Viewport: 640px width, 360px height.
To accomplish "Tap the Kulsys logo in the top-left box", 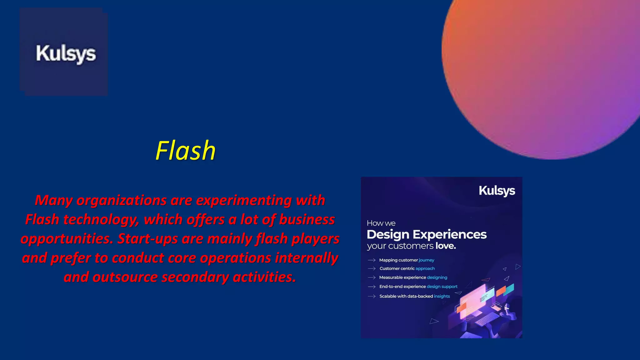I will pos(66,54).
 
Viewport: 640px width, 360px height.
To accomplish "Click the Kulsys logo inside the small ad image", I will pos(497,191).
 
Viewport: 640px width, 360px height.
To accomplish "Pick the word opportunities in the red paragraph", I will pos(67,239).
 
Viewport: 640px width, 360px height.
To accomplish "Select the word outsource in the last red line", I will pos(125,277).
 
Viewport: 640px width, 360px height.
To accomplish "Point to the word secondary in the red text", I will pos(195,277).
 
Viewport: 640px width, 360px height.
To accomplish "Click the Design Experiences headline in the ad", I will pos(427,234).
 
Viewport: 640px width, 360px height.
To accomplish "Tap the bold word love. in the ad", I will pos(446,246).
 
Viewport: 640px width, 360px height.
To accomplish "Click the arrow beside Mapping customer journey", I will pos(372,260).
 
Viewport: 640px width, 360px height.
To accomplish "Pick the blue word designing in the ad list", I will pos(437,277).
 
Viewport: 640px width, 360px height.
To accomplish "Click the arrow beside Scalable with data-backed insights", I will pos(372,296).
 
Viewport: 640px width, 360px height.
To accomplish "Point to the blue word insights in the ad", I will pos(442,296).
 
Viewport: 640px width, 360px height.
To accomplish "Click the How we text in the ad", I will pos(381,223).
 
